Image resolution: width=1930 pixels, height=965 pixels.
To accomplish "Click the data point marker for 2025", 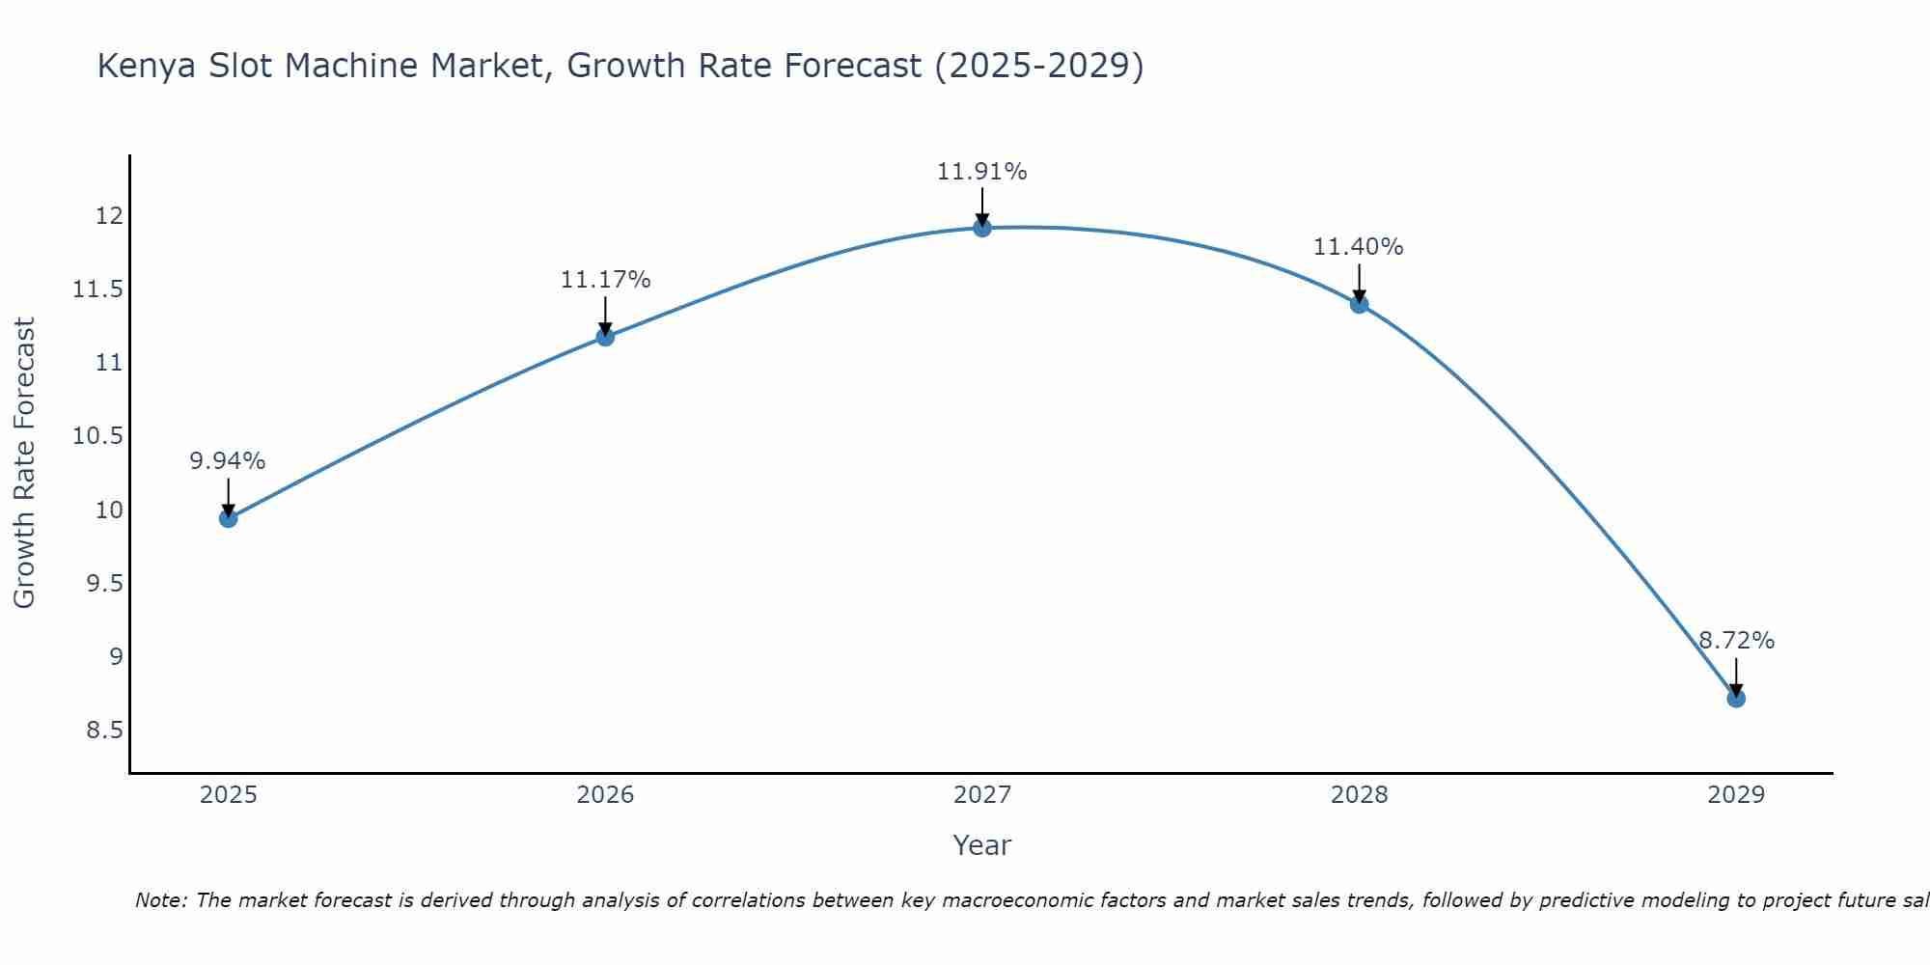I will pos(228,518).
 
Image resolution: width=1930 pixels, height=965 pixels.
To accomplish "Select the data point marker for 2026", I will pos(605,337).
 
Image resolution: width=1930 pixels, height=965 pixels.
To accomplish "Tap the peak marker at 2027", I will pos(982,228).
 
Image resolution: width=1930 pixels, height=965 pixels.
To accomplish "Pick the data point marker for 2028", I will pos(1359,304).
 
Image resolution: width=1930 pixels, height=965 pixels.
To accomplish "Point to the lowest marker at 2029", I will pos(1736,698).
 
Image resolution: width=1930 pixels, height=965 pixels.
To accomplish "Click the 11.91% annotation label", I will pos(981,172).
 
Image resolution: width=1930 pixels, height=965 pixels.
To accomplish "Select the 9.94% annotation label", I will pos(227,461).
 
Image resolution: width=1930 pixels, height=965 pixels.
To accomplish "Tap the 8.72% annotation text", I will pos(1736,641).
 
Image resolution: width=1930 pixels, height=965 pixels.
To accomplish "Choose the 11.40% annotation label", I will pos(1358,247).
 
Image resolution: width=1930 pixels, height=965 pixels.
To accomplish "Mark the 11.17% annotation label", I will pos(605,280).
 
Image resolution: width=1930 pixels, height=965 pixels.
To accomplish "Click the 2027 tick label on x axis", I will pos(981,795).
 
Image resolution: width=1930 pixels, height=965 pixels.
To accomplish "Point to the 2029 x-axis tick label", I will pos(1736,795).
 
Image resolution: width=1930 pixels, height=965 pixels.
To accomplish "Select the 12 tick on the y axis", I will pos(109,216).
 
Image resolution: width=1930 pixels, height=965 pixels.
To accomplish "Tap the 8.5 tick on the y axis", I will pos(104,731).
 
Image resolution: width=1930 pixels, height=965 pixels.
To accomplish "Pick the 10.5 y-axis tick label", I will pos(97,436).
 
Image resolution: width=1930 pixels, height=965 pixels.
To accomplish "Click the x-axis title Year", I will pos(981,845).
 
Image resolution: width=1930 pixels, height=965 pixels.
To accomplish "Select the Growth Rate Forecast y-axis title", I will pos(24,463).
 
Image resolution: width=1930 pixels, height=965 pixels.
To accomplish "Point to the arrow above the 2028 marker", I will pos(1359,284).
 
